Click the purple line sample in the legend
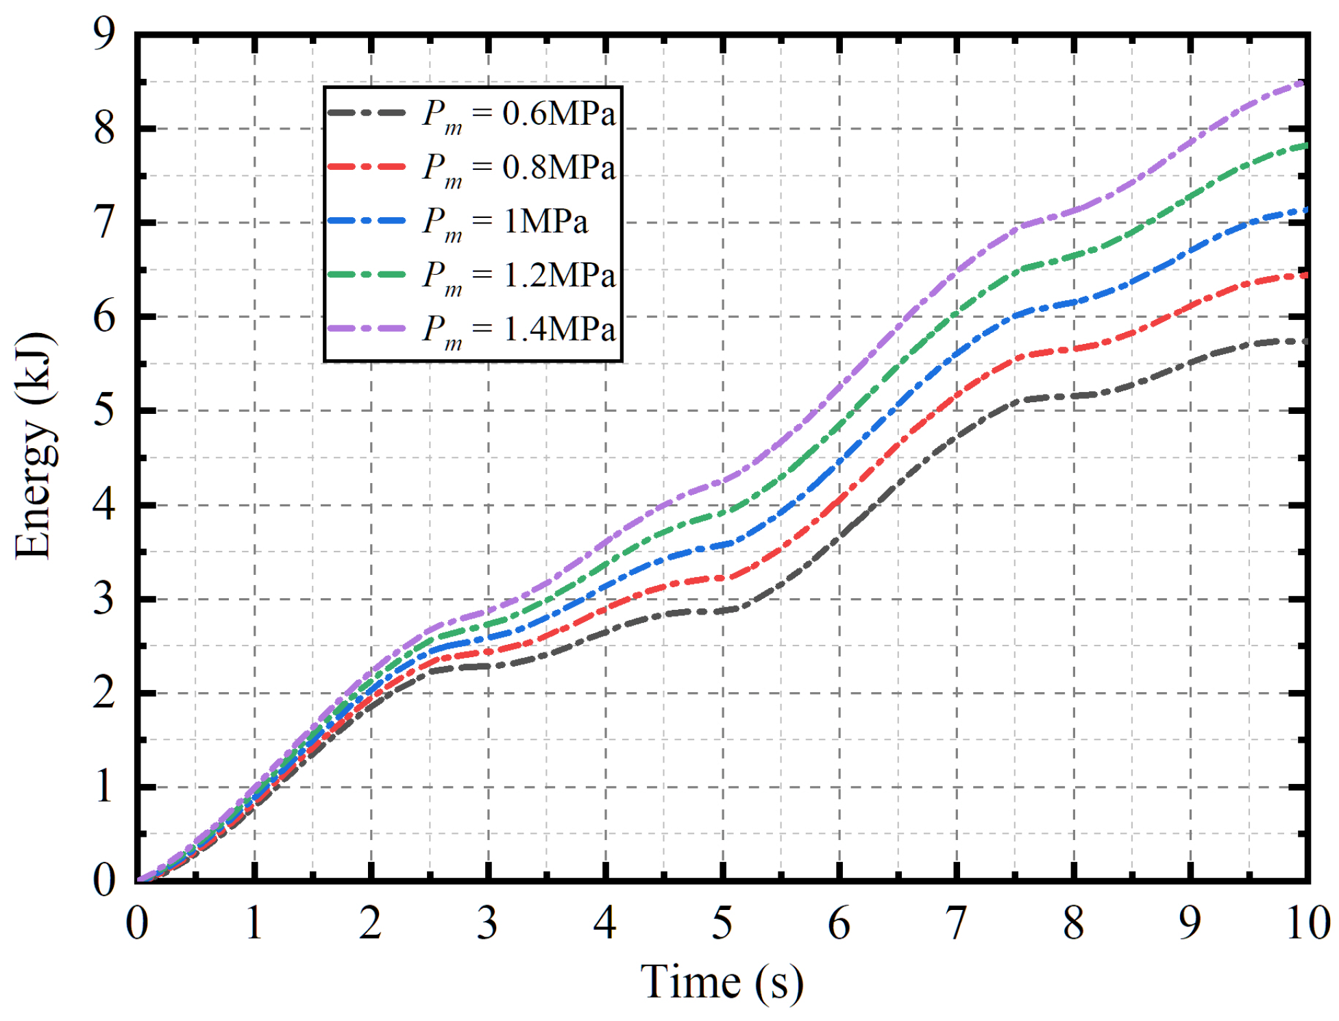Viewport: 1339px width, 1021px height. click(367, 328)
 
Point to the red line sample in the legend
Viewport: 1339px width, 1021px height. click(367, 167)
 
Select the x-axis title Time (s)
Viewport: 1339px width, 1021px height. click(721, 982)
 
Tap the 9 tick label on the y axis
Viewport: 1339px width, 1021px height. click(104, 33)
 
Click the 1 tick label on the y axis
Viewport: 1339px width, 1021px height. click(104, 787)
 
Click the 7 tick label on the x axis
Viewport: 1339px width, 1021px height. click(956, 924)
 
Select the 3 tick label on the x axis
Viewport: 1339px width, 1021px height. click(487, 924)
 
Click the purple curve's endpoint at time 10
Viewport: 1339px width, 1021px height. click(1303, 83)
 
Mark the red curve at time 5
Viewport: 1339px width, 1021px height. click(722, 578)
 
